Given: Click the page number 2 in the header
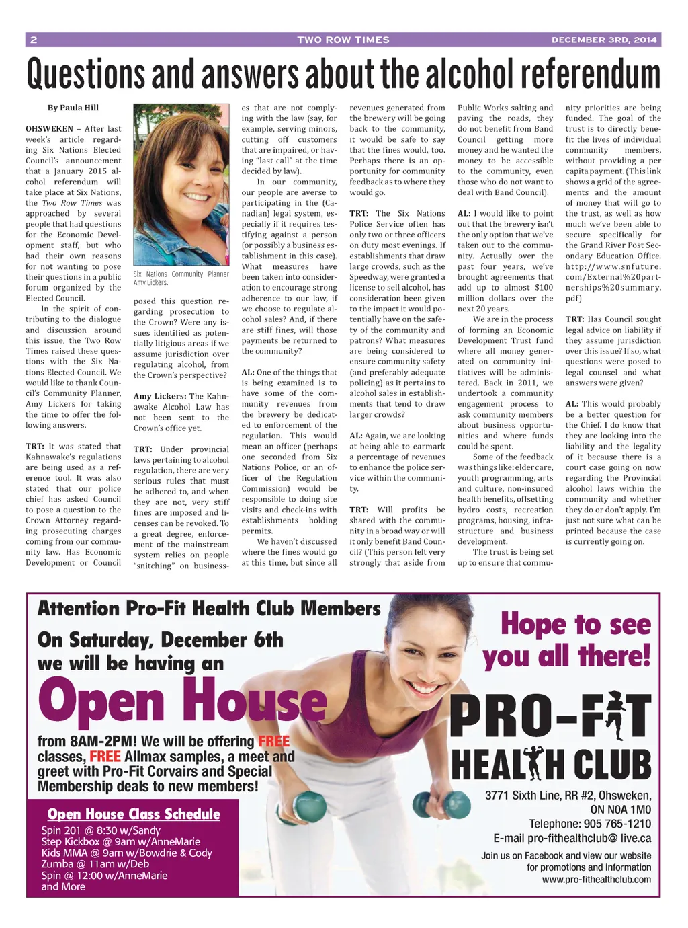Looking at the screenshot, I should pyautogui.click(x=34, y=40).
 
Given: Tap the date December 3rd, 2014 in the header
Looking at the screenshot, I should pyautogui.click(x=604, y=40).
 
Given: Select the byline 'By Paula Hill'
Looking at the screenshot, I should pyautogui.click(x=73, y=108).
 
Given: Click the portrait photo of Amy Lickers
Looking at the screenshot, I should pyautogui.click(x=181, y=184).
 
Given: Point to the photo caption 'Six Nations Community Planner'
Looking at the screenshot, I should pyautogui.click(x=181, y=274).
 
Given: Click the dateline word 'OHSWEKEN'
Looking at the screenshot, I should pyautogui.click(x=49, y=129).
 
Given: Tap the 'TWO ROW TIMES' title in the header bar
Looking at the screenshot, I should pyautogui.click(x=343, y=40).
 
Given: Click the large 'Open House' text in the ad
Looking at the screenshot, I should pyautogui.click(x=182, y=701).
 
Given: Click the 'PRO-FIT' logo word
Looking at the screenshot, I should pyautogui.click(x=551, y=716).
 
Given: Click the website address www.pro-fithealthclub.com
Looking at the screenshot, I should pyautogui.click(x=597, y=880).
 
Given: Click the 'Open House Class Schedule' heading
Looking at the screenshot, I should pyautogui.click(x=134, y=814).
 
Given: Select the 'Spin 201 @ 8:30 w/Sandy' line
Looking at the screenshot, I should pyautogui.click(x=101, y=830).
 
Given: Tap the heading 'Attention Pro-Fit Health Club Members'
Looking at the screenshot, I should pyautogui.click(x=209, y=609).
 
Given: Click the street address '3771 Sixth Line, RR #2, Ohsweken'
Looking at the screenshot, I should pyautogui.click(x=568, y=796).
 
